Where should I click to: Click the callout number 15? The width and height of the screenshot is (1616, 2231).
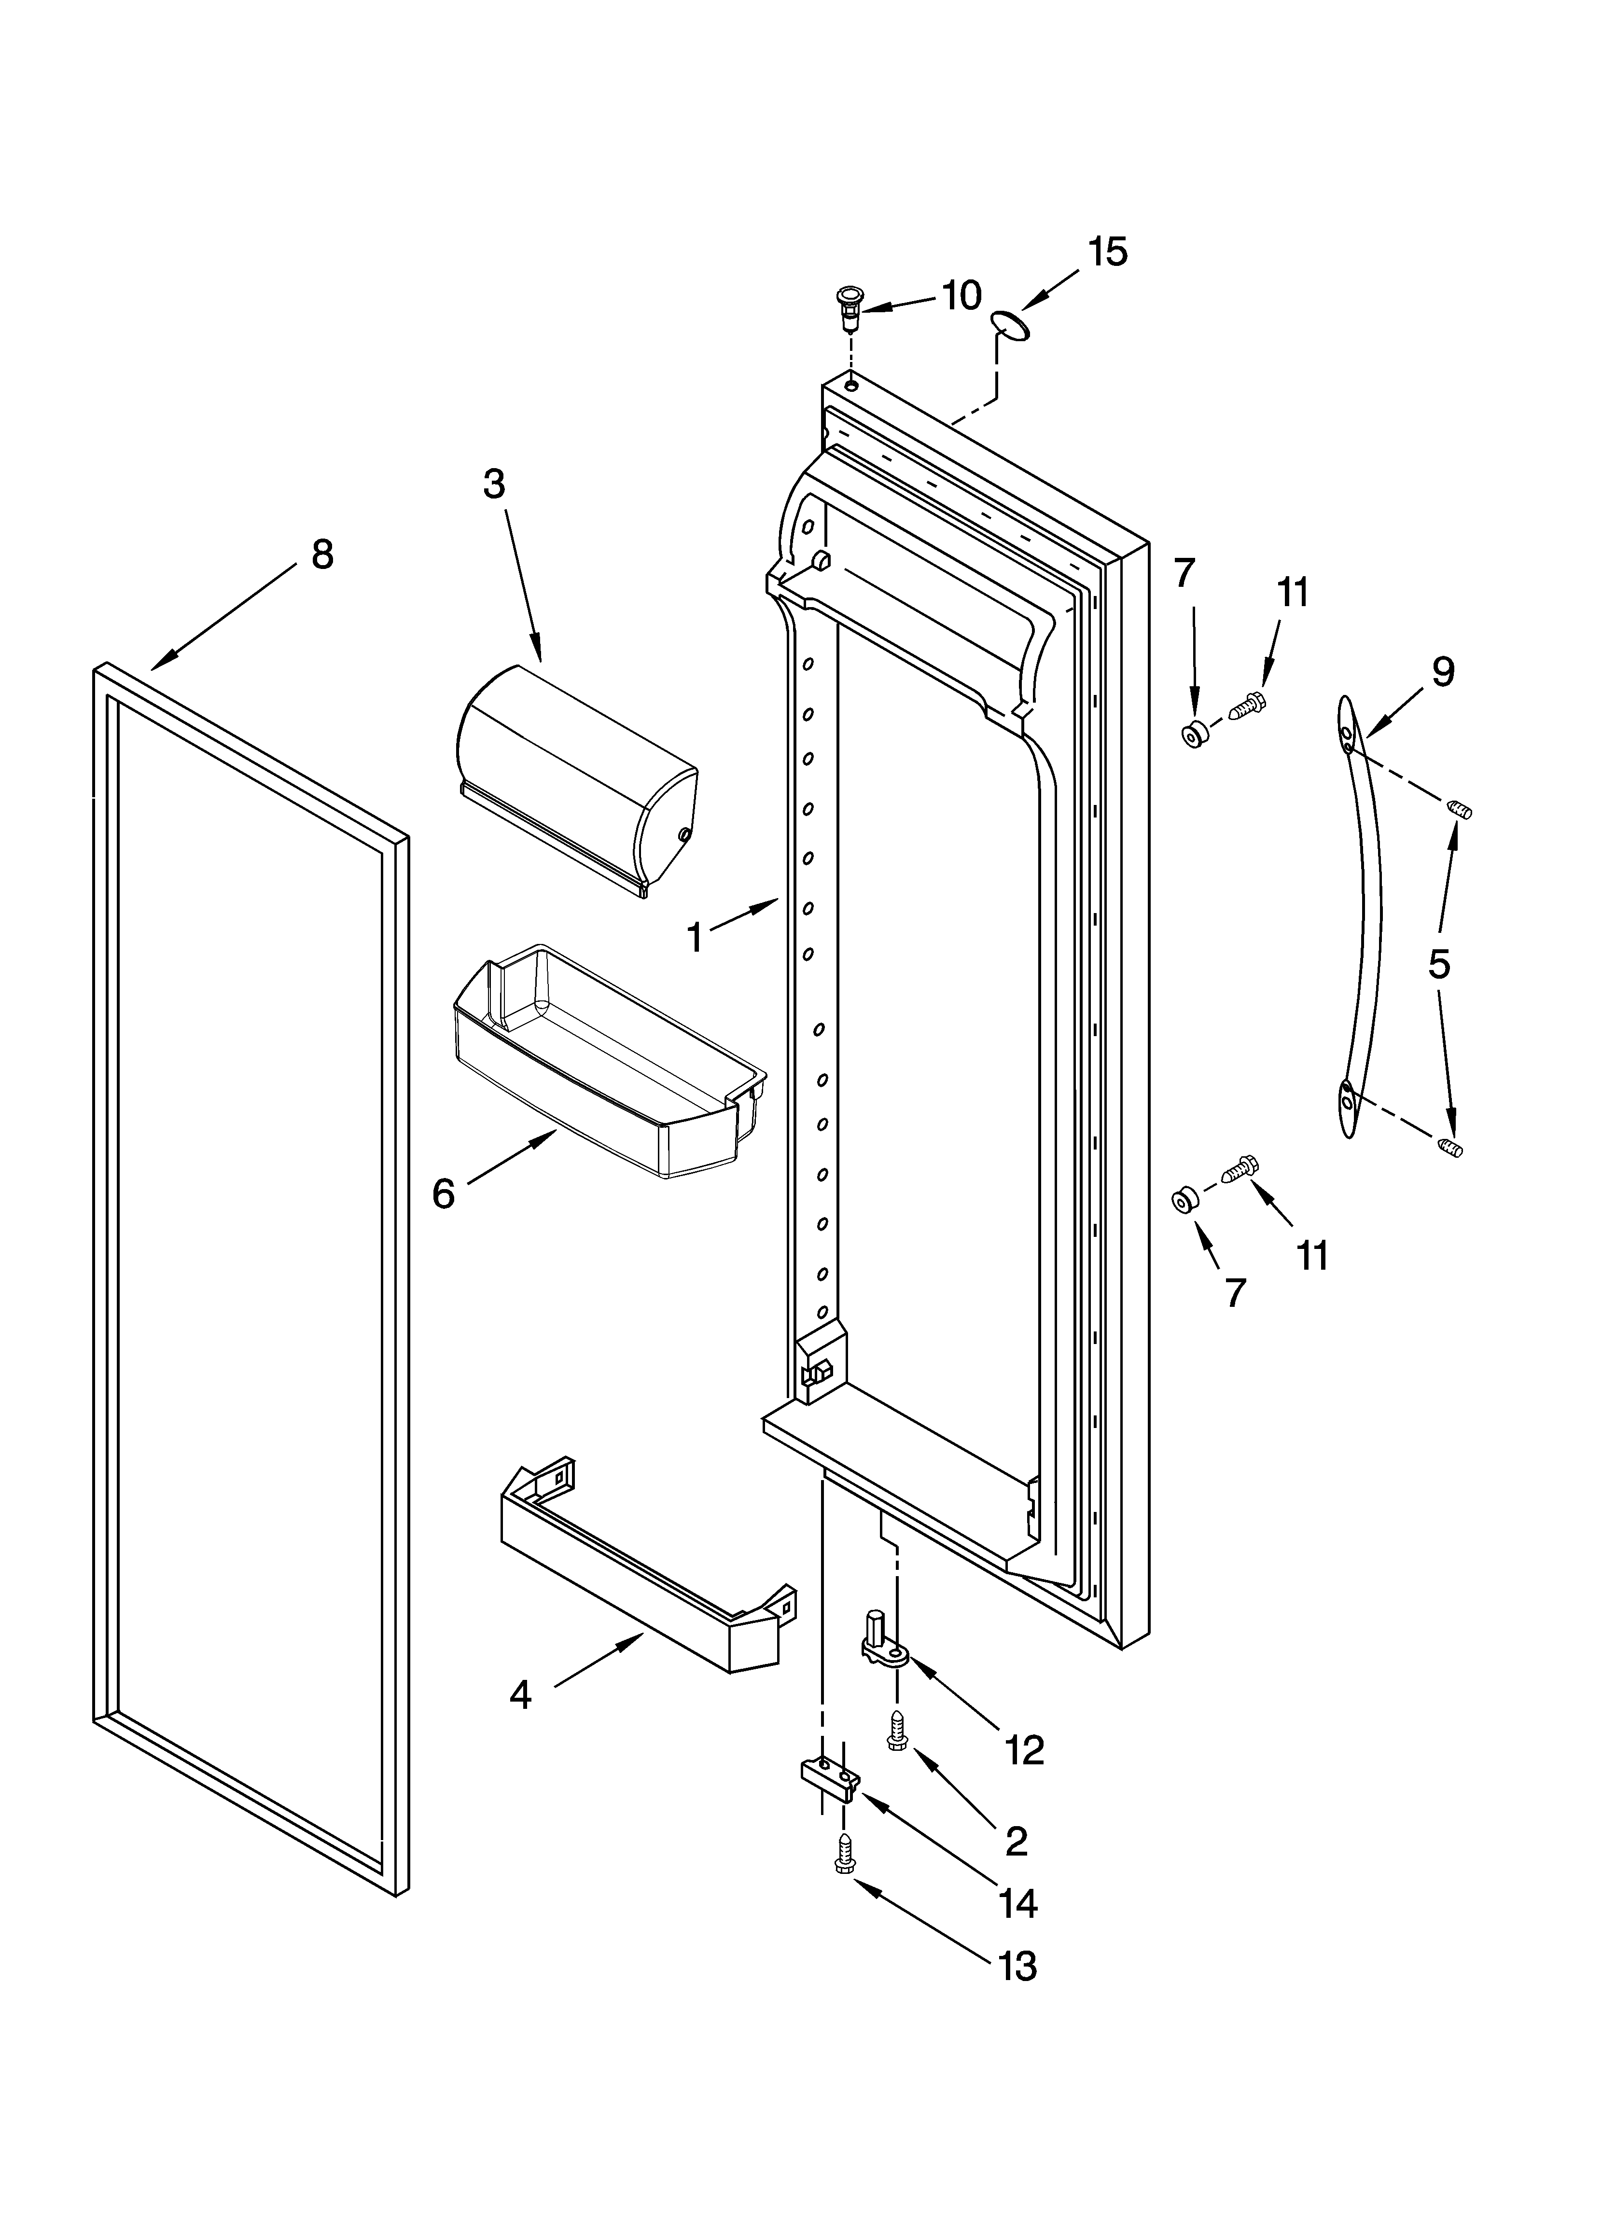tap(1108, 252)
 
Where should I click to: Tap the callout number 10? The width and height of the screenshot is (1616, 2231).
tap(961, 295)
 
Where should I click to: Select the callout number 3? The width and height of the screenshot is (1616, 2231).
tap(494, 484)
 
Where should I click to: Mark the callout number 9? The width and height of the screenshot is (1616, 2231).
tap(1443, 672)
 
